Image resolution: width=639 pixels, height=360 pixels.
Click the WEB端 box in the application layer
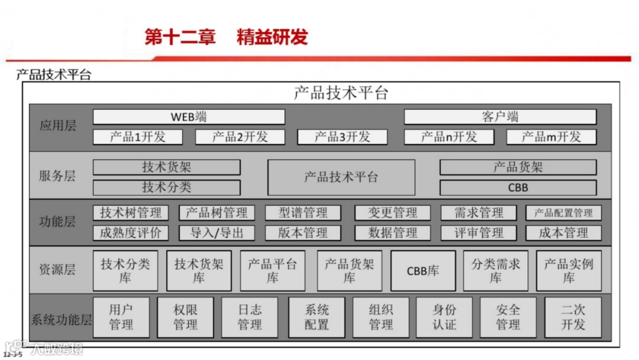click(x=189, y=117)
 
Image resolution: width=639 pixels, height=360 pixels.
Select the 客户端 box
click(x=500, y=117)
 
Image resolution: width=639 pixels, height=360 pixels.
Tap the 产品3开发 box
click(x=342, y=137)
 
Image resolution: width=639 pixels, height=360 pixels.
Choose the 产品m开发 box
click(x=551, y=137)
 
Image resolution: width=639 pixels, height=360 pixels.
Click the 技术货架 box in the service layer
click(x=166, y=168)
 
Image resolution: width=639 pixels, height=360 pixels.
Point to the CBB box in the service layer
click(x=518, y=188)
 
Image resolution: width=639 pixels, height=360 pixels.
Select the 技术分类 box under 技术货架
click(x=166, y=188)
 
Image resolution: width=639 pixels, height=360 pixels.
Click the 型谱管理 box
click(x=303, y=213)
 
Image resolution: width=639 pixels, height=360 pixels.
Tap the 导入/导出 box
click(x=217, y=233)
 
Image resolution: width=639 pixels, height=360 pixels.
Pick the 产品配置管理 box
click(x=563, y=213)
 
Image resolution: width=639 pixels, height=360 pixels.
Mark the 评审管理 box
click(x=478, y=233)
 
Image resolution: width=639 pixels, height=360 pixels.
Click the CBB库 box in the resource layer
click(x=423, y=271)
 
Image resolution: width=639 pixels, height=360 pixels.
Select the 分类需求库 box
click(x=495, y=271)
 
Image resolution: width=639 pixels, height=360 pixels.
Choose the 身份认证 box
click(x=444, y=317)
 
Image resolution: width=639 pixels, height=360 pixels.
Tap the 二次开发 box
click(x=573, y=317)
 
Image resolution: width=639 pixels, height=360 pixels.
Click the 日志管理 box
click(x=250, y=317)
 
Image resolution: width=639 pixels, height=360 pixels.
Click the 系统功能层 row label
click(x=62, y=320)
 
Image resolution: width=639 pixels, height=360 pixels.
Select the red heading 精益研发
click(x=272, y=37)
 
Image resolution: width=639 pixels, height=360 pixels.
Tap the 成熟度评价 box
click(x=130, y=233)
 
